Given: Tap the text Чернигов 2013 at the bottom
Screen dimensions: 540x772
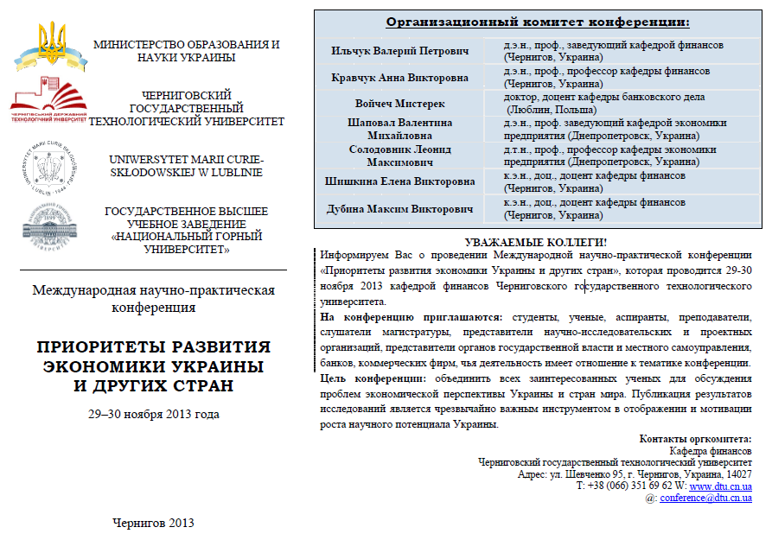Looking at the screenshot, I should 154,523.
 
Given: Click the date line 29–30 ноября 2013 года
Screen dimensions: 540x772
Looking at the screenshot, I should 154,414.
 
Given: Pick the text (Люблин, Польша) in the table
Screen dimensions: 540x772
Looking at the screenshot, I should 552,110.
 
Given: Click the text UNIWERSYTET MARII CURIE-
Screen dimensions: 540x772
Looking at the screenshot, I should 186,160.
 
